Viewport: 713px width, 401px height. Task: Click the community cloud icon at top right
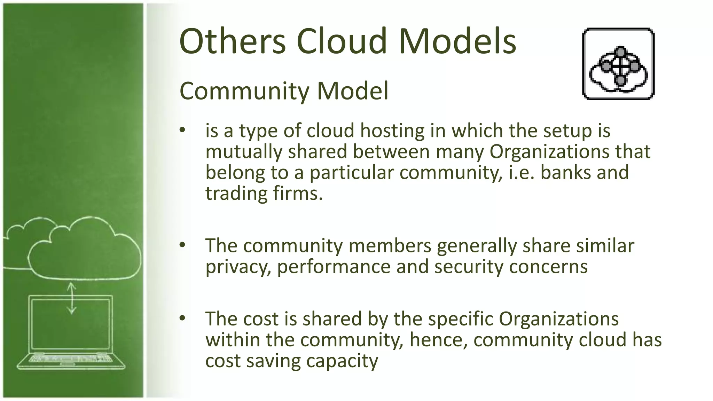coord(618,64)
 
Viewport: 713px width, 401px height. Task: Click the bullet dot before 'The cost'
coord(183,318)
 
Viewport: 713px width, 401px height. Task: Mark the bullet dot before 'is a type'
coord(183,131)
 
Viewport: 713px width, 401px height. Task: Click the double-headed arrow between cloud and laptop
coord(71,298)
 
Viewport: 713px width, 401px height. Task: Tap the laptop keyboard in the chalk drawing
coord(71,359)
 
